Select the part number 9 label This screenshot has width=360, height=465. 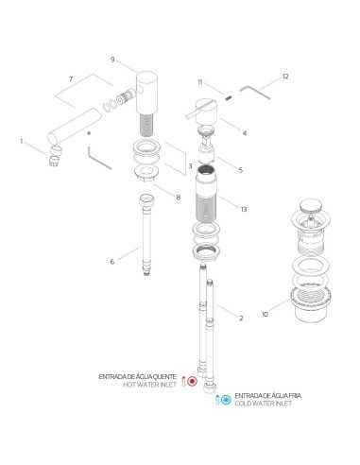112,60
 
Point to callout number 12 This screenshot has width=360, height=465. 285,75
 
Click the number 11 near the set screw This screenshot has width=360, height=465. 199,83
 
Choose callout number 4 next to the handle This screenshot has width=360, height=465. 244,133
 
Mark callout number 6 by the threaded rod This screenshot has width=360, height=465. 112,262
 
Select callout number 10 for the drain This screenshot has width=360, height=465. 264,313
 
